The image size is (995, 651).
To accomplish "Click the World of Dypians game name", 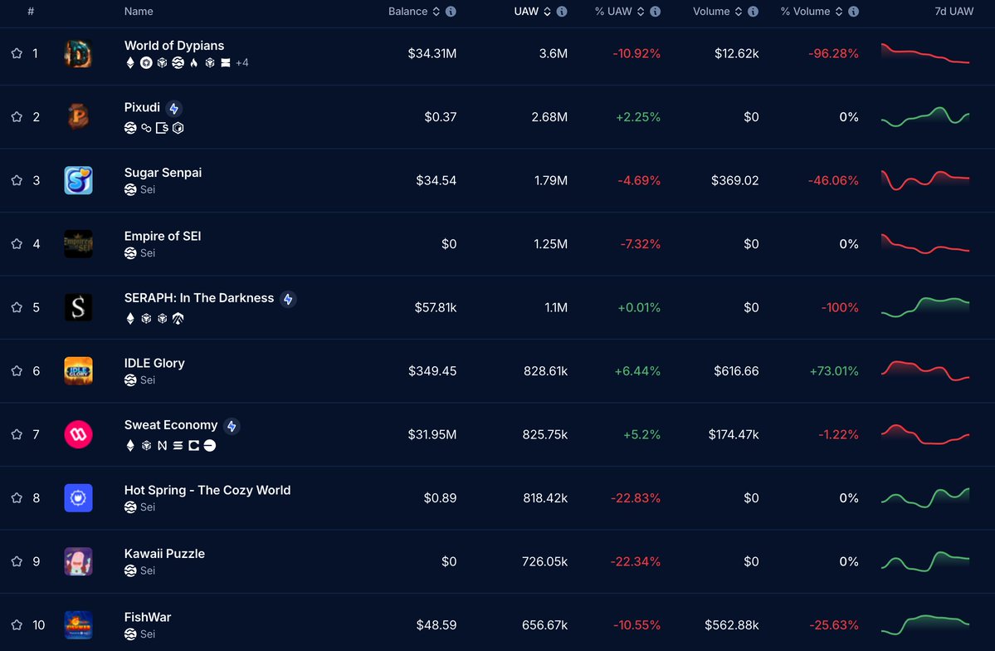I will [x=174, y=46].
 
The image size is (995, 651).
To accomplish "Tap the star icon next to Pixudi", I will [x=17, y=117].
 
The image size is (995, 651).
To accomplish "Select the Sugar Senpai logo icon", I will [x=78, y=180].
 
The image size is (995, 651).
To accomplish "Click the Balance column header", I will [x=407, y=12].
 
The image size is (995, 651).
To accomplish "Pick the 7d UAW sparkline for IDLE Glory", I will [x=925, y=370].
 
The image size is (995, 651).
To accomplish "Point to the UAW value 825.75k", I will [x=544, y=434].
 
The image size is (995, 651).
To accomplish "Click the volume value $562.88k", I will [x=731, y=624].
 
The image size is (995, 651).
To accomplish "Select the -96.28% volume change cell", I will [x=833, y=53].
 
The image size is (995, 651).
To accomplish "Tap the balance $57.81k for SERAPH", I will [x=435, y=307].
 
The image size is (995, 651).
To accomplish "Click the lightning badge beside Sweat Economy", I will [x=232, y=426].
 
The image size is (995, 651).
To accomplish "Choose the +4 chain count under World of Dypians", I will [x=242, y=62].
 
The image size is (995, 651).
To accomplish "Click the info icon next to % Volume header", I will [x=854, y=12].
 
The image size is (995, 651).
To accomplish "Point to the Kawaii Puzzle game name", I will [x=164, y=554].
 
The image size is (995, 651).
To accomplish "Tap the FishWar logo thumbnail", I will [x=78, y=624].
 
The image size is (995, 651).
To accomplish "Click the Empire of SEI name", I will [x=163, y=236].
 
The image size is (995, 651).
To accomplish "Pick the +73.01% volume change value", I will [x=834, y=371].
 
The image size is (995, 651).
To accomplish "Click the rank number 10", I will [x=39, y=624].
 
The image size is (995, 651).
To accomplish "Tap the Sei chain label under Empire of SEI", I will [x=147, y=253].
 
